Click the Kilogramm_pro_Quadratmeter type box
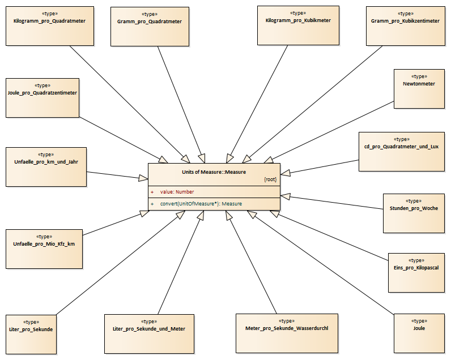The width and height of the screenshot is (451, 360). pyautogui.click(x=50, y=26)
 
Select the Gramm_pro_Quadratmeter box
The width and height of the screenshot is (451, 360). pyautogui.click(x=150, y=27)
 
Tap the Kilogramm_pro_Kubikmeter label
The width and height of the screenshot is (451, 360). pyautogui.click(x=298, y=20)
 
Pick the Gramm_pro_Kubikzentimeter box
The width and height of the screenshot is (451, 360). pyautogui.click(x=406, y=26)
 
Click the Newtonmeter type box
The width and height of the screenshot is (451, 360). pyautogui.click(x=419, y=89)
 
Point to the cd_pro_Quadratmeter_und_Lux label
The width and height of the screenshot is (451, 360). pyautogui.click(x=401, y=147)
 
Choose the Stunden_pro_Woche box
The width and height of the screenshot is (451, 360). pyautogui.click(x=414, y=213)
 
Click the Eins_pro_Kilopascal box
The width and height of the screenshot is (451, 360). pyautogui.click(x=416, y=273)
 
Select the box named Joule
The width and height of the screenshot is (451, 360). pyautogui.click(x=419, y=333)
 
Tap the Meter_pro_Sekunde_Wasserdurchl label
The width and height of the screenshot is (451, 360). pyautogui.click(x=287, y=328)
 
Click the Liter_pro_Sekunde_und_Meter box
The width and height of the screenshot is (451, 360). pyautogui.click(x=149, y=334)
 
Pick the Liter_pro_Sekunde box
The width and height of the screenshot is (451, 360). pyautogui.click(x=31, y=335)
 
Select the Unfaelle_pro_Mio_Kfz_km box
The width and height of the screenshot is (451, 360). pyautogui.click(x=44, y=249)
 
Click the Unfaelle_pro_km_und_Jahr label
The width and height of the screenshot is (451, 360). pyautogui.click(x=46, y=162)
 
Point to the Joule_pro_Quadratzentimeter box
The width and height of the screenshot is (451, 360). pyautogui.click(x=42, y=98)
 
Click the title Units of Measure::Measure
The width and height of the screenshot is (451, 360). pyautogui.click(x=214, y=172)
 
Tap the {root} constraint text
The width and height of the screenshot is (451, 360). pyautogui.click(x=270, y=179)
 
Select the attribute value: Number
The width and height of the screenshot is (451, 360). pyautogui.click(x=177, y=192)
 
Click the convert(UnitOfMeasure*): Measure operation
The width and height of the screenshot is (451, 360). pyautogui.click(x=201, y=204)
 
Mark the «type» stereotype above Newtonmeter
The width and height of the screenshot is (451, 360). pyautogui.click(x=419, y=76)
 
